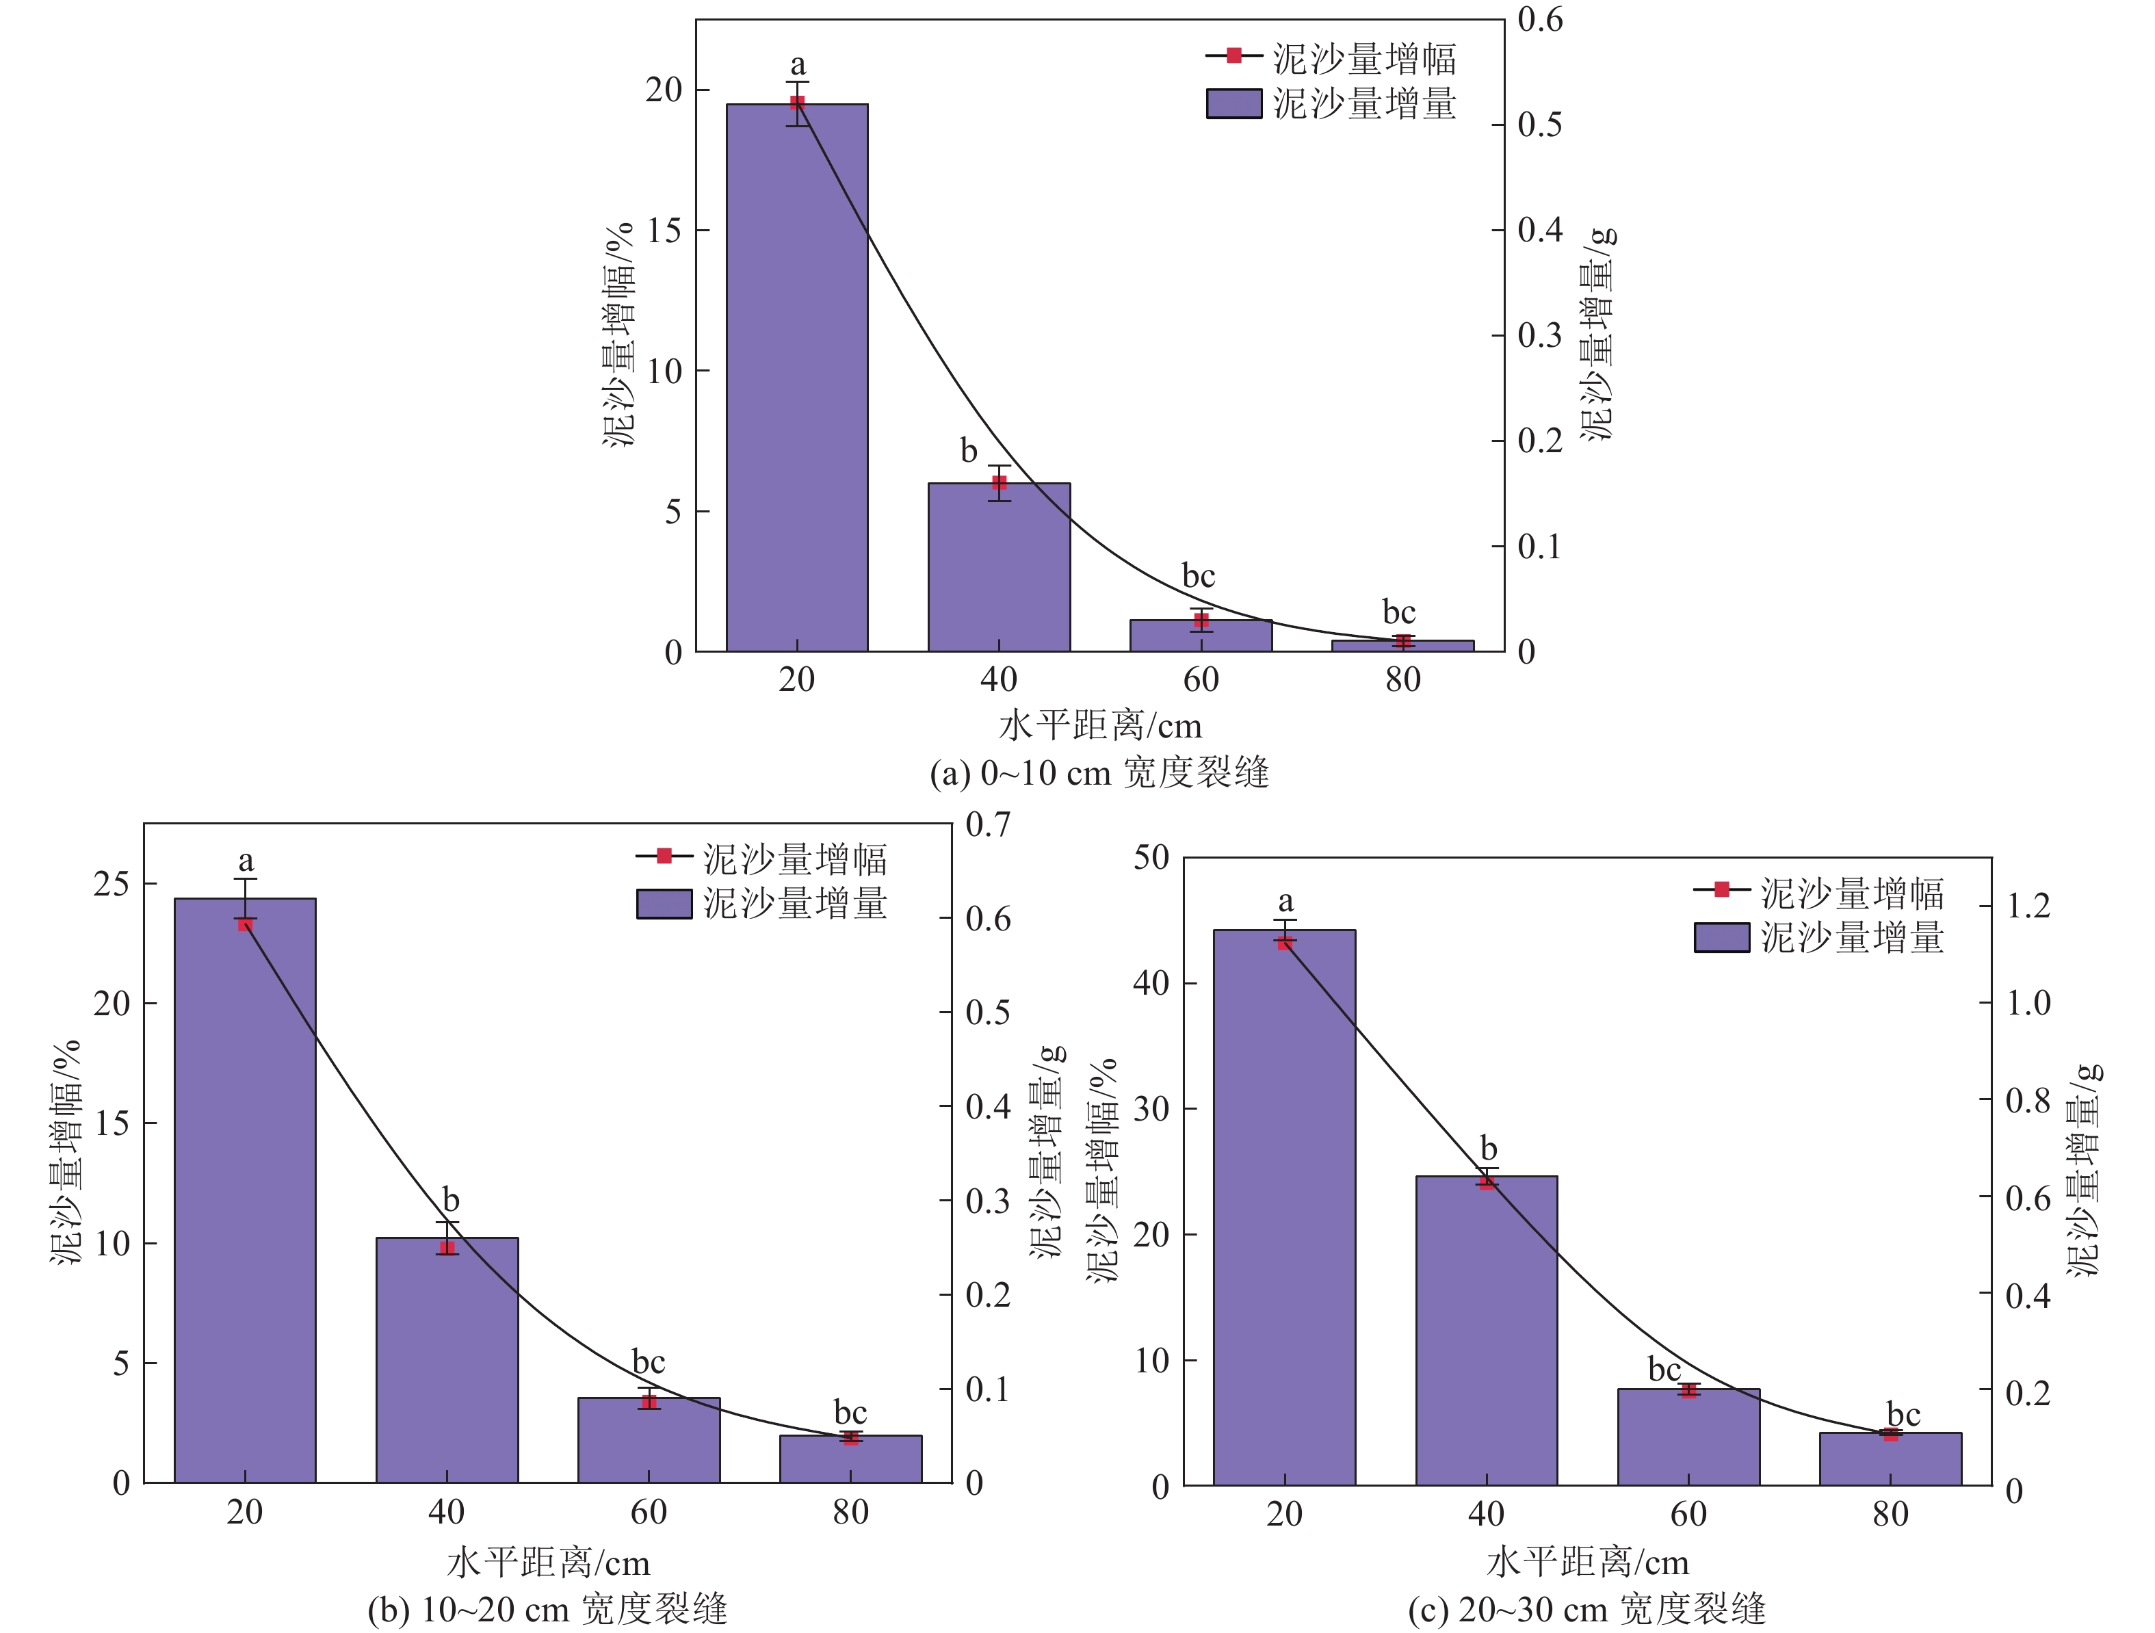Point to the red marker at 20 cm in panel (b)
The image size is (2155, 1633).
246,924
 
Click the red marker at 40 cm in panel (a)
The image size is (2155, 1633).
999,482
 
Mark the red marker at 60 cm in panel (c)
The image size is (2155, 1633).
1688,1390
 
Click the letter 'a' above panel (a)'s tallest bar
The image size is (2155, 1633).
798,65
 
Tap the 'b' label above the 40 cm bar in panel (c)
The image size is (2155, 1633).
1488,1148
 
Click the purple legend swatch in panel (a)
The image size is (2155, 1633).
1233,103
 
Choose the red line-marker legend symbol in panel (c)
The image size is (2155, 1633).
1721,889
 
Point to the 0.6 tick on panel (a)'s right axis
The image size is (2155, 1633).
1539,19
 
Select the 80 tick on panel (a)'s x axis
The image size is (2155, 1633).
1403,679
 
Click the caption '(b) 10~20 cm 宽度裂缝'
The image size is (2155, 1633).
547,1608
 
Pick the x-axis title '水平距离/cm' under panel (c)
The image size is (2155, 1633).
1587,1563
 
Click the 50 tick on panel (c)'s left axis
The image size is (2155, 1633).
1151,857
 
